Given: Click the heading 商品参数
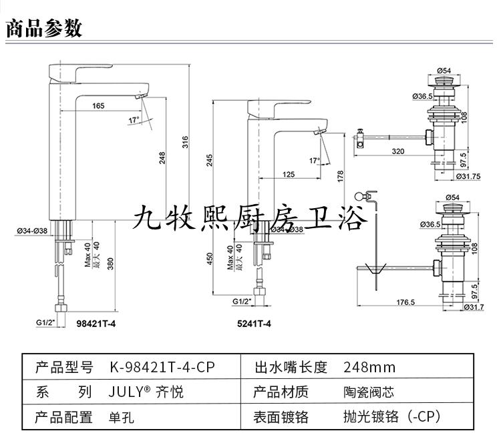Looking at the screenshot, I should [43, 27].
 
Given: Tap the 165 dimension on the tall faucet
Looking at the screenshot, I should [98, 105].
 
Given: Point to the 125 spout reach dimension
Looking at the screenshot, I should [288, 174].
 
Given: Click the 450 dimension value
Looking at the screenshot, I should [209, 258].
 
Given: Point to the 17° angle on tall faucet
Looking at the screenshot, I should [135, 119].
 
